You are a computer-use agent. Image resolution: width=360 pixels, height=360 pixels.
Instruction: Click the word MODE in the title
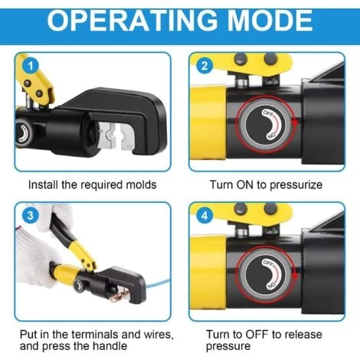pyautogui.click(x=270, y=21)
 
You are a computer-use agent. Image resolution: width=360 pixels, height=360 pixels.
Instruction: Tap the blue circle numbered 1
pyautogui.click(x=31, y=66)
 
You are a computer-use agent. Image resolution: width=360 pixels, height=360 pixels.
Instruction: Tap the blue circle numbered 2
pyautogui.click(x=205, y=66)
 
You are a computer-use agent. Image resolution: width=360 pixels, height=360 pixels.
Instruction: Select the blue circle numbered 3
pyautogui.click(x=31, y=215)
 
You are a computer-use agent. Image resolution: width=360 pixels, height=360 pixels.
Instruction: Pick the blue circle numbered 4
pyautogui.click(x=205, y=216)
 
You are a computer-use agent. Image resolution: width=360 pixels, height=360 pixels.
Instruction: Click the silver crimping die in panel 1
pyautogui.click(x=115, y=136)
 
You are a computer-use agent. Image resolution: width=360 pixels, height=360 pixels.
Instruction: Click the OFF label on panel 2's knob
pyautogui.click(x=268, y=113)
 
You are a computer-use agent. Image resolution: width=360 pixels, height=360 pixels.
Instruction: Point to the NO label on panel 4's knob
pyautogui.click(x=271, y=285)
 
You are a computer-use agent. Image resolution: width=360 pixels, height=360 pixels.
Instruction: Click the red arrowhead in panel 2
pyautogui.click(x=295, y=123)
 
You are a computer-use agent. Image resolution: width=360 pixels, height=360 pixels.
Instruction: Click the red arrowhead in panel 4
pyautogui.click(x=295, y=276)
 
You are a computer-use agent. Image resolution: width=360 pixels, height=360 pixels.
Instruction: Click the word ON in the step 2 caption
pyautogui.click(x=246, y=185)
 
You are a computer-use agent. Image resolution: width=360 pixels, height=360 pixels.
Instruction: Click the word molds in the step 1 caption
pyautogui.click(x=141, y=185)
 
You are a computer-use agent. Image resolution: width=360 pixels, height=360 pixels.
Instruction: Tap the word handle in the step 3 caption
pyautogui.click(x=110, y=346)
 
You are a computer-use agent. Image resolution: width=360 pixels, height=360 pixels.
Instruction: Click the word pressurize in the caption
pyautogui.click(x=296, y=185)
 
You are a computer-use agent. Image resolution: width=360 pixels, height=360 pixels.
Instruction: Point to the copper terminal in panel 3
pyautogui.click(x=121, y=296)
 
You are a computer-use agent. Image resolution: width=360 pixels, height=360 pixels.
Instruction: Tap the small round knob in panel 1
pyautogui.click(x=24, y=133)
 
